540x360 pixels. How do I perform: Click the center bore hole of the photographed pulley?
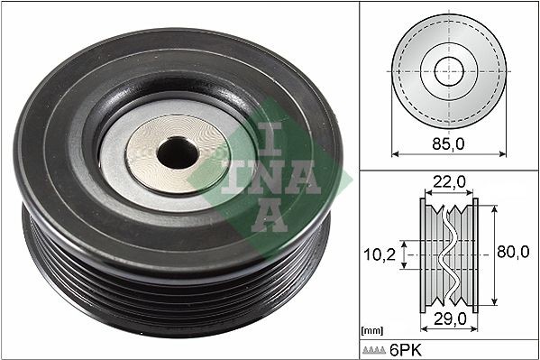click(x=177, y=153)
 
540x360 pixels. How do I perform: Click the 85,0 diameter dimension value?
click(x=448, y=141)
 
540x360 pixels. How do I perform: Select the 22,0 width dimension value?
click(x=448, y=182)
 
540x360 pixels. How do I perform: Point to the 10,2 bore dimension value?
click(x=379, y=255)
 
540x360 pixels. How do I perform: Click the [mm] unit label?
click(x=371, y=331)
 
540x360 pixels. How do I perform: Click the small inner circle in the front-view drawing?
click(x=448, y=71)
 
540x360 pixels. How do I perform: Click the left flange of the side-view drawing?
click(x=423, y=255)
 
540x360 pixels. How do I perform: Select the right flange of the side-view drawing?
click(x=475, y=255)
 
